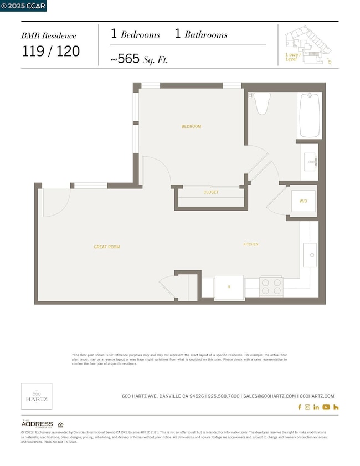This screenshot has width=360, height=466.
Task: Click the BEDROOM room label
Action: [191, 126]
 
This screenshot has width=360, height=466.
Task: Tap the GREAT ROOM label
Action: [107, 247]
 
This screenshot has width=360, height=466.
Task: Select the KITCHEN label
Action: [250, 244]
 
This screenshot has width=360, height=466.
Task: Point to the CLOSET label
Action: [210, 192]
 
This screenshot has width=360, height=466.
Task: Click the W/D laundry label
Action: [304, 201]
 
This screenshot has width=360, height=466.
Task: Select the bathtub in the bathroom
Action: [310, 115]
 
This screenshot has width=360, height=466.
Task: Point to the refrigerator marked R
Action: [229, 286]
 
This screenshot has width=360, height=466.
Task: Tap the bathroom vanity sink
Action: [310, 162]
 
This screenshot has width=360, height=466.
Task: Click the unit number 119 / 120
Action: [50, 52]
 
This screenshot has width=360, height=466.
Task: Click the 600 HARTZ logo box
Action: [37, 396]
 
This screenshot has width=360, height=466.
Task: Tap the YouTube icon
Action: [326, 407]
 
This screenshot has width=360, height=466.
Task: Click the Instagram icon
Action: [307, 407]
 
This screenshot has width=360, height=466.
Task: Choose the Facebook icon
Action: [300, 407]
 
